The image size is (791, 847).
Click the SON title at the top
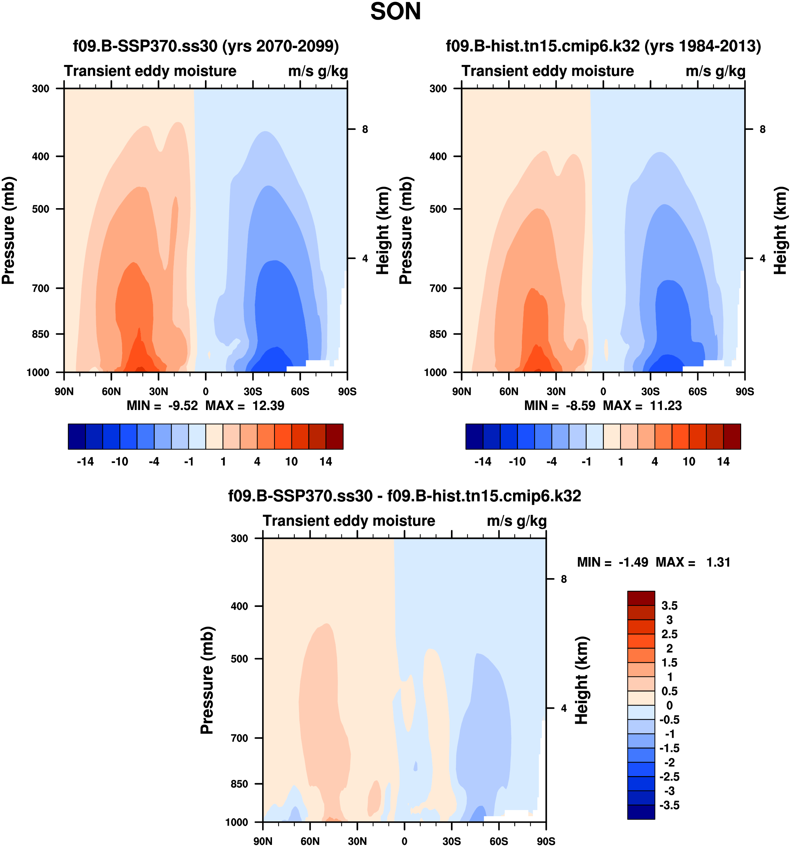pos(395,12)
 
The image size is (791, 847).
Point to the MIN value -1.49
pos(633,562)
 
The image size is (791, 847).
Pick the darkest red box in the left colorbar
pos(334,436)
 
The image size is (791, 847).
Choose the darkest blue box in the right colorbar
pos(474,436)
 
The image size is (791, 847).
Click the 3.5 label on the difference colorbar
pos(669,606)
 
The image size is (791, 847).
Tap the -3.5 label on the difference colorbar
pos(669,805)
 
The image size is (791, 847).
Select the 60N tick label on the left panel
pos(111,391)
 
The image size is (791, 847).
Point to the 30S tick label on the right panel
pos(650,391)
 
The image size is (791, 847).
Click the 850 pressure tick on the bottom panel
pos(239,784)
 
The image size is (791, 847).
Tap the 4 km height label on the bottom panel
pos(564,708)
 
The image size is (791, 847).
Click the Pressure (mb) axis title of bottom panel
pos(207,680)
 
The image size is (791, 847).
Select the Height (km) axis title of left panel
pos(383,230)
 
